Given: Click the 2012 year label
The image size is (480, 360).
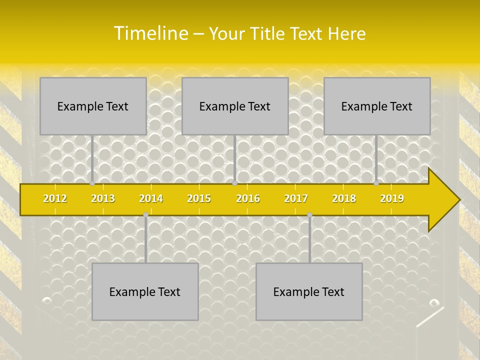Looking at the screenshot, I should tap(55, 198).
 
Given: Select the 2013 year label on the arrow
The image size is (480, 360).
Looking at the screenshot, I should tap(103, 198).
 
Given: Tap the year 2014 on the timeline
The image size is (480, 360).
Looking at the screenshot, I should tap(151, 198).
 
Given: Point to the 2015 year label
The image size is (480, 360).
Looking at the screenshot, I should tap(199, 198).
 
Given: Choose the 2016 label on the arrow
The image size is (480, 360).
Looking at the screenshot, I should tap(248, 198).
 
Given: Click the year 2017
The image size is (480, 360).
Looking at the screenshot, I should tap(296, 198).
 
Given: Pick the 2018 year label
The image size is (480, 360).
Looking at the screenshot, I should tap(344, 198).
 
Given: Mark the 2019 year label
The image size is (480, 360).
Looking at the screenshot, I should tap(392, 198).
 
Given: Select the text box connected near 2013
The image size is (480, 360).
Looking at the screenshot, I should tap(93, 106).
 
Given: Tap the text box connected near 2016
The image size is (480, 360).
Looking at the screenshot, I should tap(235, 106).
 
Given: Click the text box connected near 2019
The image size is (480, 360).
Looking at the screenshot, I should tap(377, 106).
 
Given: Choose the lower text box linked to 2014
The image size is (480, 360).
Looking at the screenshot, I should tap(145, 291).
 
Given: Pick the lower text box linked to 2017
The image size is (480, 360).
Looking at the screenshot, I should tap(309, 291).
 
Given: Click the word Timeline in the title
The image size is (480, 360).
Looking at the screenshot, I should tap(150, 33).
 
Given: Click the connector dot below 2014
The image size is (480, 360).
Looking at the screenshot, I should tap(145, 214).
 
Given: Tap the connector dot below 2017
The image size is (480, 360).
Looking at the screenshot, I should tap(309, 214).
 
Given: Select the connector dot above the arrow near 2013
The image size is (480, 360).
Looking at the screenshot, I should tap(92, 183).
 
